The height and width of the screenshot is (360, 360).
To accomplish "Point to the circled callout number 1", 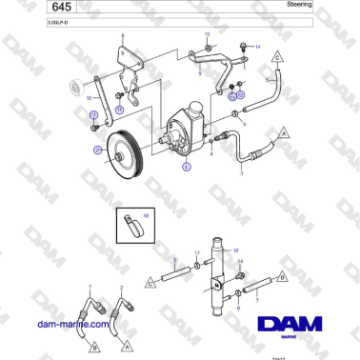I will (x=186, y=165).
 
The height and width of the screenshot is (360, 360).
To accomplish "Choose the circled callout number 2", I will (x=97, y=150).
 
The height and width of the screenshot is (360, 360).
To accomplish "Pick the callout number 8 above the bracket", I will (x=122, y=35).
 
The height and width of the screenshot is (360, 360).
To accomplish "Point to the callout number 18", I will (x=146, y=216).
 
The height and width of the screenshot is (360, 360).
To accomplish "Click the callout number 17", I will (x=197, y=253).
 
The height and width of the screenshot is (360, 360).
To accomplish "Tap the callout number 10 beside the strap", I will (x=90, y=98).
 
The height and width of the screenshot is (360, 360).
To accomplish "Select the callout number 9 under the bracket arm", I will (x=199, y=72).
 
